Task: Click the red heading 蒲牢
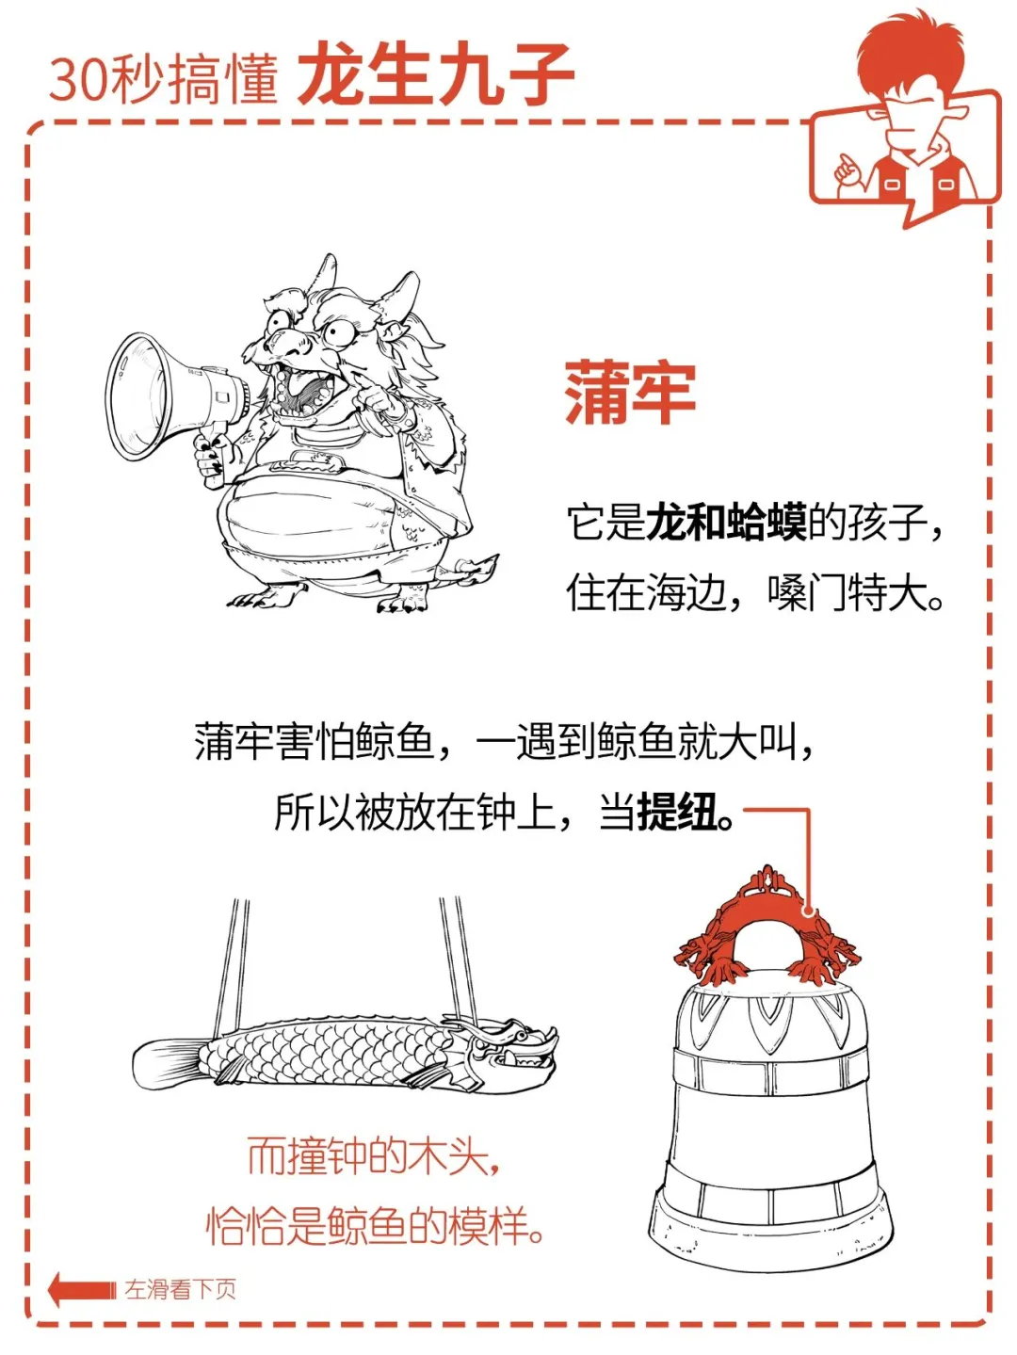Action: pos(630,394)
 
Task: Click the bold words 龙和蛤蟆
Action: pos(726,523)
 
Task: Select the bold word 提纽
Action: pos(677,811)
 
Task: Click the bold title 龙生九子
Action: pos(436,74)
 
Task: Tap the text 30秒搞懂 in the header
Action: pos(164,79)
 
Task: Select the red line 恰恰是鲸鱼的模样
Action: pos(375,1226)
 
